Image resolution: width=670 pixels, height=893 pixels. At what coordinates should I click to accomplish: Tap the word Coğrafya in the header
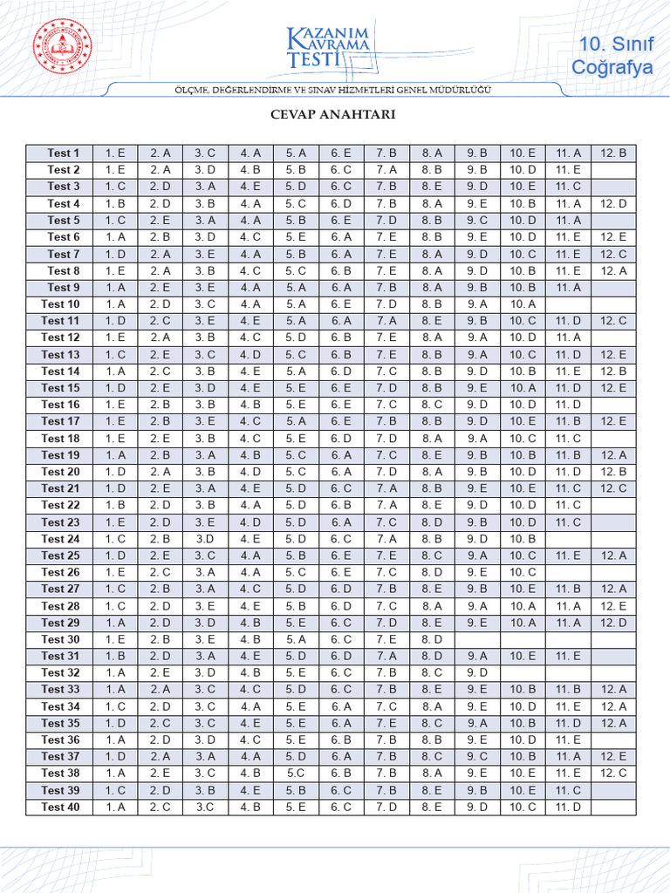pos(612,67)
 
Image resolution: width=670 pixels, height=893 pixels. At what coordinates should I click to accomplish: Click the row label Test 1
pos(63,153)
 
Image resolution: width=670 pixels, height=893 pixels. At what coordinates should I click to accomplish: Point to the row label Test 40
pos(60,807)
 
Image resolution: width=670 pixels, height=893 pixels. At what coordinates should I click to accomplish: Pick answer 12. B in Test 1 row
pos(613,153)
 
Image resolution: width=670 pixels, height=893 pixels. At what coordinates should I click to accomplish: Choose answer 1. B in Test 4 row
pos(116,203)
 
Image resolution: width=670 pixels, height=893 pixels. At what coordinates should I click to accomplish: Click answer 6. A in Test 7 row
pos(341,254)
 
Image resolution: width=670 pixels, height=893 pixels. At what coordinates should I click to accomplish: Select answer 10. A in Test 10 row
pos(523,304)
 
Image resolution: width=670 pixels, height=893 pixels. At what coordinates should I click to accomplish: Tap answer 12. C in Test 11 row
pos(613,321)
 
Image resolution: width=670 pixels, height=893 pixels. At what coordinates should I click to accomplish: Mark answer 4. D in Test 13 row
pos(250,354)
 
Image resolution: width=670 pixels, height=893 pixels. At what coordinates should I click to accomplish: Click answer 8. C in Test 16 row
pos(432,405)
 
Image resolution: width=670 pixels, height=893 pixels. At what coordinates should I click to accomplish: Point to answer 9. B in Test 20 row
pos(477,472)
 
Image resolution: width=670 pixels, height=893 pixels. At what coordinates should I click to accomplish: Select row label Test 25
pos(60,556)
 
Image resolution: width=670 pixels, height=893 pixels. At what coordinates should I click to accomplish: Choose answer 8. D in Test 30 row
pos(432,639)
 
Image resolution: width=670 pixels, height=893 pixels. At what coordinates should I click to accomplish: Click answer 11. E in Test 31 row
pos(568,656)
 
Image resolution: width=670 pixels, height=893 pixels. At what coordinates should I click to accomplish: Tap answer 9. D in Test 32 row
pos(477,672)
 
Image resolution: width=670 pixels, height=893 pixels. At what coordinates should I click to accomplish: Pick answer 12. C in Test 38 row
pos(613,773)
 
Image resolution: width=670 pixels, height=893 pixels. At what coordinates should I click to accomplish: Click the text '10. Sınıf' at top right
pos(613,44)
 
